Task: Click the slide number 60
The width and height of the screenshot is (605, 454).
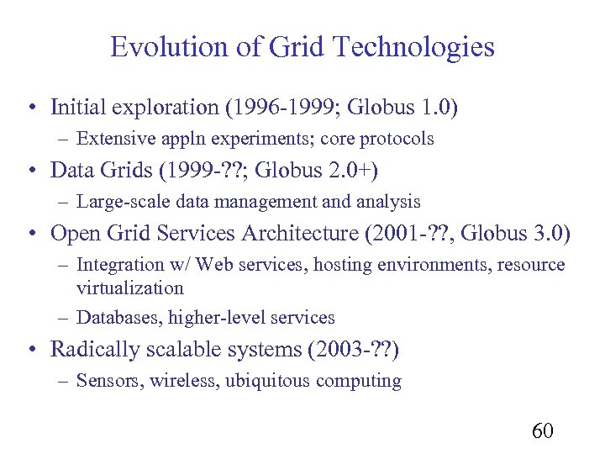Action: [x=543, y=431]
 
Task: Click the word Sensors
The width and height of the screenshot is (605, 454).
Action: [x=109, y=381]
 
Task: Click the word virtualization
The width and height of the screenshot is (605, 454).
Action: [x=129, y=288]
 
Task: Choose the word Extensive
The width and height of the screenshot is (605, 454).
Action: [x=113, y=139]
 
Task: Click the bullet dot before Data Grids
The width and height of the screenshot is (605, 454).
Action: [x=30, y=171]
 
